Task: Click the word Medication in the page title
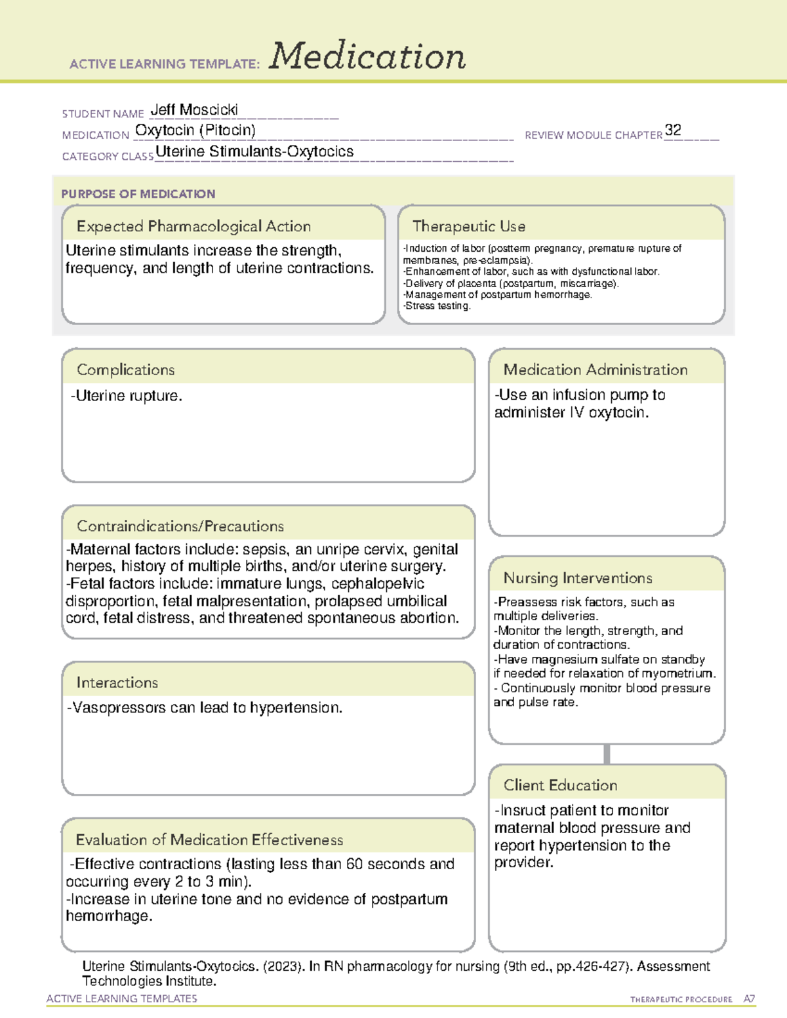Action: [x=367, y=56]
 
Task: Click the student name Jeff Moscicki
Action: [x=194, y=109]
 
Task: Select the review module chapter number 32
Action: [x=673, y=130]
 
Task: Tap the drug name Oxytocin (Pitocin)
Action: [x=195, y=130]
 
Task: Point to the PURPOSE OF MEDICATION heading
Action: [x=138, y=194]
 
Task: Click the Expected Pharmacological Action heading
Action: [x=193, y=226]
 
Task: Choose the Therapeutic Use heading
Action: [x=469, y=226]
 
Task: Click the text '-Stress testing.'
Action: [x=437, y=306]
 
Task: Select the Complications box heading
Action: [x=126, y=370]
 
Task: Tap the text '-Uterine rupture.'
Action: [x=127, y=396]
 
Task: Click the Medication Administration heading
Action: [x=595, y=370]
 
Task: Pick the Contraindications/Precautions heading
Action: [x=180, y=526]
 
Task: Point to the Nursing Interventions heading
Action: [x=578, y=578]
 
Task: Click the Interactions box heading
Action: [x=117, y=682]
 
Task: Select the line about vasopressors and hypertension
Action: [x=205, y=708]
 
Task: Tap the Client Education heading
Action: [x=561, y=785]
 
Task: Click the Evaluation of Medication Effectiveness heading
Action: [x=209, y=840]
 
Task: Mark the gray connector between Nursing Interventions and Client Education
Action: [x=607, y=754]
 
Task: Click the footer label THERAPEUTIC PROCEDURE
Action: [x=681, y=1000]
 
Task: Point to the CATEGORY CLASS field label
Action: [x=108, y=157]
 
